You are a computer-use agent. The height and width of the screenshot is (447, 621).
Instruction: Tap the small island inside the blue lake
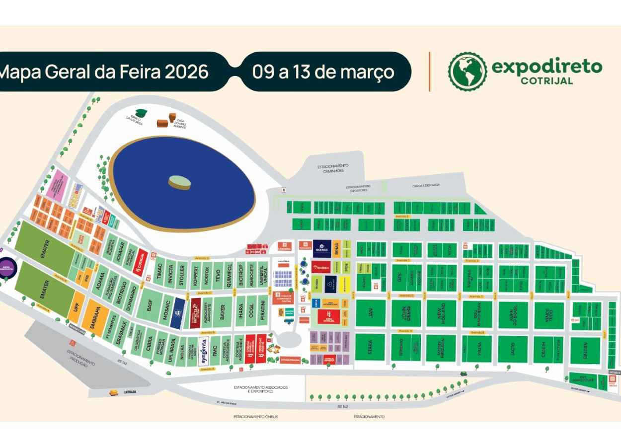click(179, 182)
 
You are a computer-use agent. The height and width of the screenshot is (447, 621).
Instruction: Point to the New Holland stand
click(441, 313)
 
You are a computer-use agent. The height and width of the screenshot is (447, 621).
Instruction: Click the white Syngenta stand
click(204, 351)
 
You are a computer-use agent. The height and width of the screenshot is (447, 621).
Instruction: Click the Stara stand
click(370, 348)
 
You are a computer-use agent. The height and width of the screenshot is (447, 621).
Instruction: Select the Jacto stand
click(513, 349)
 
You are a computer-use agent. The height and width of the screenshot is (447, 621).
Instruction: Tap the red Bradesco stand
click(321, 268)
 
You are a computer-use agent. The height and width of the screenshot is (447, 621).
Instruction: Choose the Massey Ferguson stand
click(441, 348)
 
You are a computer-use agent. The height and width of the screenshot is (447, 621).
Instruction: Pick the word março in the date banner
click(367, 72)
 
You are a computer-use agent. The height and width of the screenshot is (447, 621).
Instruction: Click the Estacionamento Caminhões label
click(333, 168)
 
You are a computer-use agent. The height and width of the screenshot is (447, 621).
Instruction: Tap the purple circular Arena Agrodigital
click(8, 268)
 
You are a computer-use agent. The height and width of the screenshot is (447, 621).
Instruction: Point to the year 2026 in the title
click(186, 72)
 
